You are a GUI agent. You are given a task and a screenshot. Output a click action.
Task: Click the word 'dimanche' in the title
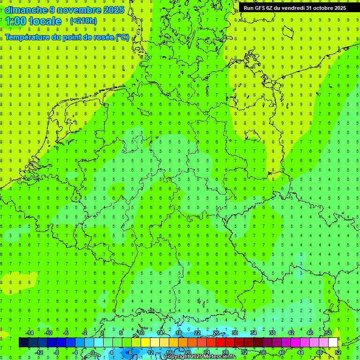(x=26, y=10)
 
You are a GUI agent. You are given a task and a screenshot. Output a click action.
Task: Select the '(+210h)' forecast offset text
(x=83, y=21)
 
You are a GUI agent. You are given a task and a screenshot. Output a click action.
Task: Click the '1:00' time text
(x=15, y=21)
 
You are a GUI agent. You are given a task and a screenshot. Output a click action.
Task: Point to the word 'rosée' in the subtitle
(x=102, y=37)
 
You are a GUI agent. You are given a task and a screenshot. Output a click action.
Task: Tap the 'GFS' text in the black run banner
(x=260, y=8)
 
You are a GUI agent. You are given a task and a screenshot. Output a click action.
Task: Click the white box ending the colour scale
(x=333, y=343)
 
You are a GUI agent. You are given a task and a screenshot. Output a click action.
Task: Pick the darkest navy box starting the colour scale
(x=23, y=343)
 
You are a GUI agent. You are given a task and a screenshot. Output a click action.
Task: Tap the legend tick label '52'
(x=338, y=352)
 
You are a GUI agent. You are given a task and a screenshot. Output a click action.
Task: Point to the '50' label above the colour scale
(x=328, y=333)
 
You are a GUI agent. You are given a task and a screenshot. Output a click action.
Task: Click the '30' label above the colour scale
(x=234, y=333)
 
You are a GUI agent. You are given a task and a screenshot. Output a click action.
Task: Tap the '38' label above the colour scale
(x=272, y=333)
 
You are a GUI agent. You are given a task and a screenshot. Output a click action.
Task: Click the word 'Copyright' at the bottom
(x=177, y=357)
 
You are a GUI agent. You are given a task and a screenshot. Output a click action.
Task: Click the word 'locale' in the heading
(x=45, y=21)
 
